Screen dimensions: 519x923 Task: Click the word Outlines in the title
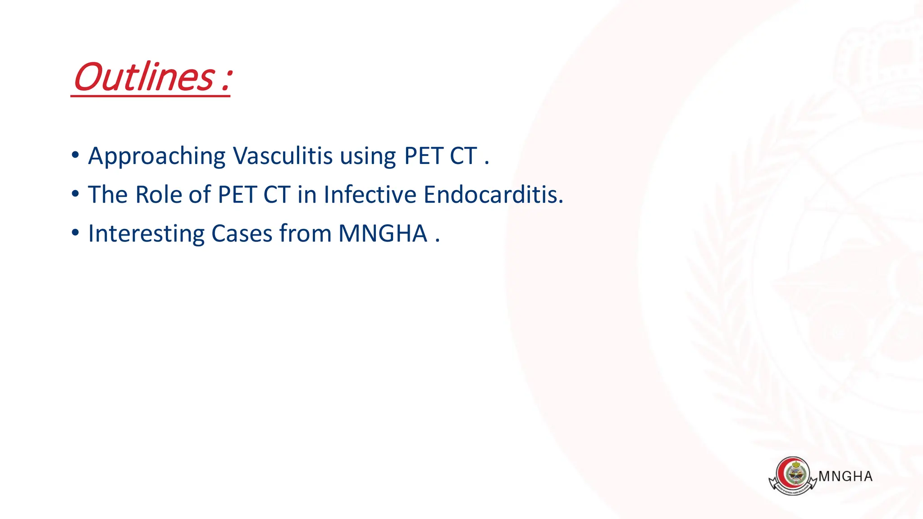143,77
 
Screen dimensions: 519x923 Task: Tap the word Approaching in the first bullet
156,157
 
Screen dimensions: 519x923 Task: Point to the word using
368,157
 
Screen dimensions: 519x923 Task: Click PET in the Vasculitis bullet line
423,156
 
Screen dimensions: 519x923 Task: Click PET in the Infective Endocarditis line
237,195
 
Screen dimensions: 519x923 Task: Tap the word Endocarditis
493,195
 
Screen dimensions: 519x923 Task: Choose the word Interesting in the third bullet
146,234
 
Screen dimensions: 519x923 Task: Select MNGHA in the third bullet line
383,234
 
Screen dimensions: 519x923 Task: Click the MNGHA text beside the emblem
845,477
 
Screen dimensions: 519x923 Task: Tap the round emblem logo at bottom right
793,476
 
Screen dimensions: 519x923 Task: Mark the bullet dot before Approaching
75,155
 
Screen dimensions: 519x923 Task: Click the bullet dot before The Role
75,194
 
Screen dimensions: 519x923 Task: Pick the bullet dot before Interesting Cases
75,233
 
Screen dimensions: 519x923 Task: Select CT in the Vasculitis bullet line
463,156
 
